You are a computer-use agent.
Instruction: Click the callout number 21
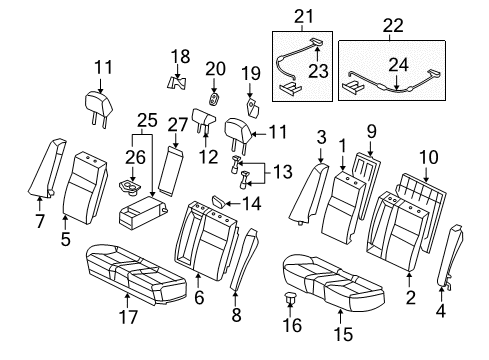(304, 16)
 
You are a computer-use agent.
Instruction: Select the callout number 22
(393, 26)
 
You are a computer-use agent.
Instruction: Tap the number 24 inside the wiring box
(398, 65)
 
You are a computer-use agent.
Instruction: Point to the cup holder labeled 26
(129, 187)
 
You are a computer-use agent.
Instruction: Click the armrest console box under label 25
(143, 213)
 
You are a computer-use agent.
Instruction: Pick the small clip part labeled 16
(289, 298)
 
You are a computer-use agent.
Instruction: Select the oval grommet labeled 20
(214, 99)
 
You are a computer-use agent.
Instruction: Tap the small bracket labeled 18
(177, 83)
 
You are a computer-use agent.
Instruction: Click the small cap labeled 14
(219, 201)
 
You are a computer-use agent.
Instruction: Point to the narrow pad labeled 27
(171, 171)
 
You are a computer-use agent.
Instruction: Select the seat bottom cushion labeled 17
(136, 275)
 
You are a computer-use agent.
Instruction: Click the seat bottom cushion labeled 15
(333, 284)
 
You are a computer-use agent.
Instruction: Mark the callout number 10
(429, 157)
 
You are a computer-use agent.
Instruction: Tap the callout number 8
(236, 315)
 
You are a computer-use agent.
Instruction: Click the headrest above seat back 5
(99, 108)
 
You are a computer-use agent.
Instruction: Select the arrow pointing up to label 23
(317, 53)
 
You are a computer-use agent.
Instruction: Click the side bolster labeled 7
(46, 168)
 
